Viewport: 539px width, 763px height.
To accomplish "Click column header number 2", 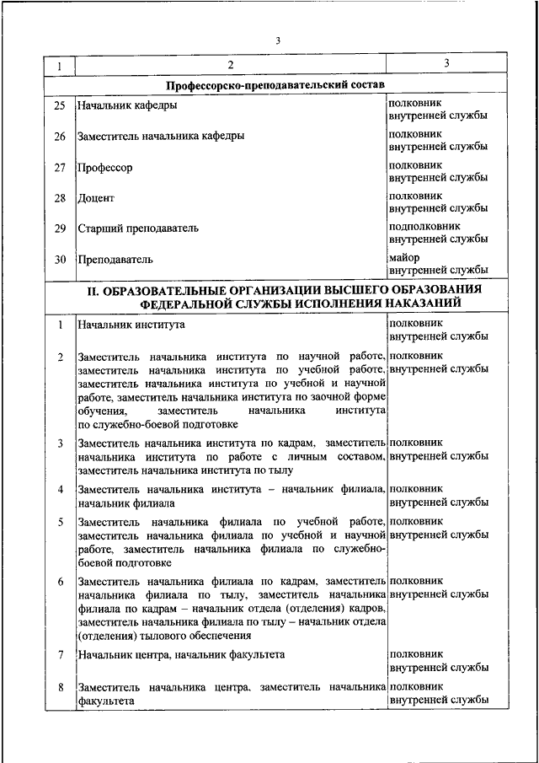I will (x=230, y=65).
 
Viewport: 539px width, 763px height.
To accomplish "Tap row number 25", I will (x=59, y=106).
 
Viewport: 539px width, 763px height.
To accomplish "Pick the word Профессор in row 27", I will (x=104, y=168).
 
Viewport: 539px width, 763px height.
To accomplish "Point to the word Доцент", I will (x=95, y=198).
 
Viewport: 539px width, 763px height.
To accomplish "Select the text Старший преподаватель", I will (x=137, y=228).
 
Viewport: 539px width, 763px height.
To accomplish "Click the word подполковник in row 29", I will (x=424, y=226).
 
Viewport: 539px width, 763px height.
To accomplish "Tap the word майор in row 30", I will (x=405, y=256).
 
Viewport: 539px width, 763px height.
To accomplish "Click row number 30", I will (x=59, y=260).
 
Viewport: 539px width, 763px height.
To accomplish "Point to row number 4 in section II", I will (x=60, y=489).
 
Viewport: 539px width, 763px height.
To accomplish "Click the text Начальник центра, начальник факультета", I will (x=180, y=654).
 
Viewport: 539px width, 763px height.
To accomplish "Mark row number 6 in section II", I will (x=60, y=582).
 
